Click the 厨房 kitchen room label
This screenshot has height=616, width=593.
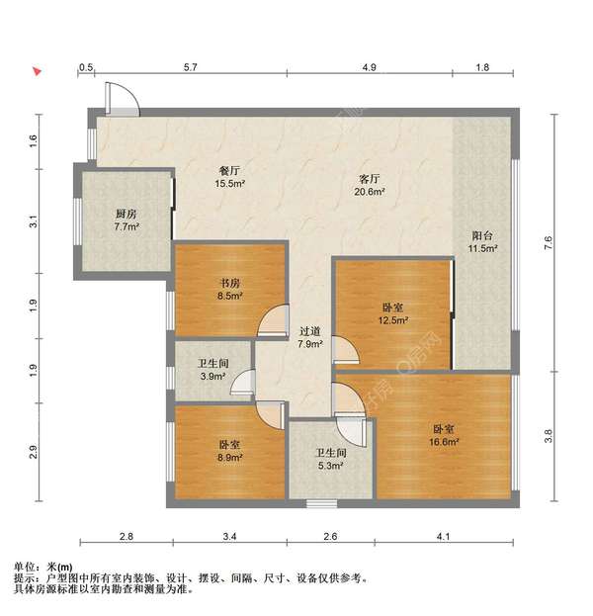click(x=127, y=214)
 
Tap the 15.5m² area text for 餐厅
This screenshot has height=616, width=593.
click(x=230, y=183)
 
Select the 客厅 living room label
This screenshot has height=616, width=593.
click(x=370, y=179)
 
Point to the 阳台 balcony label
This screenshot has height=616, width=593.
click(x=482, y=235)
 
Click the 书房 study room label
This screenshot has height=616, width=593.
click(x=229, y=283)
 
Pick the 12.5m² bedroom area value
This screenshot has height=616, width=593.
click(x=393, y=320)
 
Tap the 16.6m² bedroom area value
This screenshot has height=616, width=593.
click(x=444, y=442)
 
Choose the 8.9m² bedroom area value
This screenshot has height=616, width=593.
click(x=230, y=457)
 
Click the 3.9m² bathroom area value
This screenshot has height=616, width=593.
click(x=212, y=376)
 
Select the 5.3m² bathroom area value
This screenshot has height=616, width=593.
click(x=331, y=466)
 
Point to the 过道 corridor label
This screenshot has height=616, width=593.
click(x=310, y=331)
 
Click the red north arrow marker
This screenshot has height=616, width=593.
click(x=37, y=71)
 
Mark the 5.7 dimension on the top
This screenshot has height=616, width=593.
click(x=191, y=67)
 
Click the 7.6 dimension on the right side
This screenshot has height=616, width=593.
click(x=549, y=243)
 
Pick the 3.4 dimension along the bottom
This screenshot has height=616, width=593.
click(x=229, y=536)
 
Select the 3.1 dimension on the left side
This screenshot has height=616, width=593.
click(x=34, y=221)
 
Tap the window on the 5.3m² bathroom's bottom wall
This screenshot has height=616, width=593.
click(x=322, y=503)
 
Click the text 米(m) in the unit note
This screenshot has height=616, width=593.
click(x=59, y=567)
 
